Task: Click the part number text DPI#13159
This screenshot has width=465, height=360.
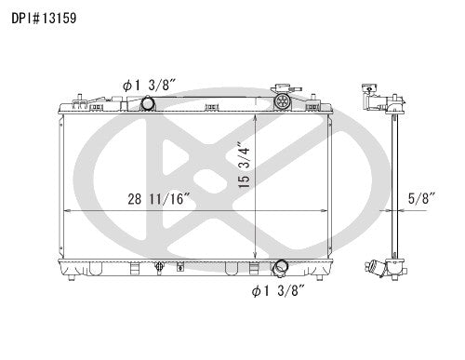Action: tap(44, 18)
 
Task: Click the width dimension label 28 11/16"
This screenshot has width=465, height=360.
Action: tap(159, 199)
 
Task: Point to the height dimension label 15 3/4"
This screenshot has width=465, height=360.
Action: tap(245, 165)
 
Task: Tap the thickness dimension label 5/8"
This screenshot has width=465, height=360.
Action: tap(422, 199)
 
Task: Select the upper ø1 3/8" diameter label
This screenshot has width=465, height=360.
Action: tap(150, 85)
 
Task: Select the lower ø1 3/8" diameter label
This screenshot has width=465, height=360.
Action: tap(279, 290)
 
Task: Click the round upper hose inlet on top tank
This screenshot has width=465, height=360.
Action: tap(147, 103)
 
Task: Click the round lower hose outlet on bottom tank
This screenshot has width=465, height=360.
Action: tap(280, 267)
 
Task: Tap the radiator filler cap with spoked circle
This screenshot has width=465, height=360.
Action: tap(282, 100)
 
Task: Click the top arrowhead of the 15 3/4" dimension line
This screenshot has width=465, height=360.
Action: tap(255, 117)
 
